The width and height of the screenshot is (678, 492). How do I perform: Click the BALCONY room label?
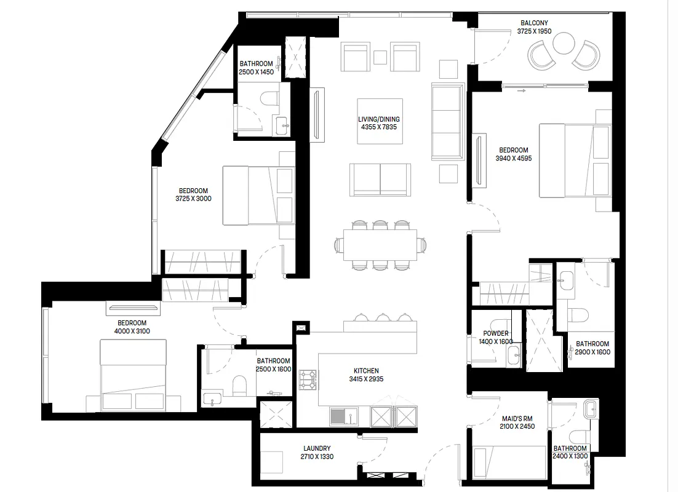534,23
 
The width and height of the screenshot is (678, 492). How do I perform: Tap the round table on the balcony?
564,44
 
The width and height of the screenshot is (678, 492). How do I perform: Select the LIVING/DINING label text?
379,119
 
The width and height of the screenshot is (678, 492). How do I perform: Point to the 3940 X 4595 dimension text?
514,158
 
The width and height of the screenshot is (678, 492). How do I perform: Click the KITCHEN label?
366,370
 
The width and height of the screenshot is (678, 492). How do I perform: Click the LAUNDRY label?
317,448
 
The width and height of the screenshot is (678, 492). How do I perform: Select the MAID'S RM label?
517,418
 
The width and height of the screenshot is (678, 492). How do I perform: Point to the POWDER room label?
496,333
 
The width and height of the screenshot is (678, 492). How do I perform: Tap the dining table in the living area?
380,245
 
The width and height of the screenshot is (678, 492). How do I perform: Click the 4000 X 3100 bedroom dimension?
132,331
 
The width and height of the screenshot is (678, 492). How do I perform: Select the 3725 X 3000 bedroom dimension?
193,199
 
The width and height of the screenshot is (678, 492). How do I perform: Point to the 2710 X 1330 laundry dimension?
317,456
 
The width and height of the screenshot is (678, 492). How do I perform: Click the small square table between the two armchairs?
380,57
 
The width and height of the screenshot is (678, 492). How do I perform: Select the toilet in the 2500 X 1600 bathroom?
239,386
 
